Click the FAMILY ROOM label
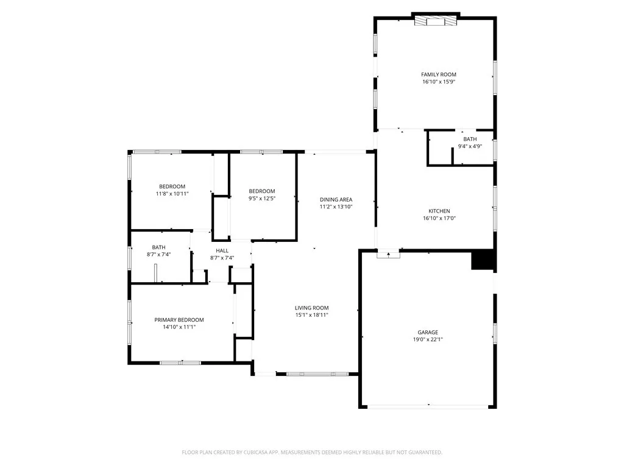click(438, 74)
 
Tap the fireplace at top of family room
click(435, 21)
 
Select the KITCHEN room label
click(438, 211)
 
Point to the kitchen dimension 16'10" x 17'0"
click(438, 219)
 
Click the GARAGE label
click(427, 332)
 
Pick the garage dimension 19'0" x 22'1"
click(427, 339)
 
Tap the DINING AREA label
click(336, 199)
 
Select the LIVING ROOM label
click(311, 308)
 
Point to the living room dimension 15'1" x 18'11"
click(311, 315)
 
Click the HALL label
click(222, 250)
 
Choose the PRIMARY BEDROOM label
click(179, 320)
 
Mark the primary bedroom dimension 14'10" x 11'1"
click(179, 327)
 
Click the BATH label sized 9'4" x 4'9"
click(470, 139)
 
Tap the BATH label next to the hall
click(158, 247)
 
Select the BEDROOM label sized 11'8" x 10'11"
click(172, 186)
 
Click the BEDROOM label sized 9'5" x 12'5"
click(262, 191)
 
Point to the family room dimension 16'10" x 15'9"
click(438, 82)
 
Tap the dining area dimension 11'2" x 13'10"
click(336, 207)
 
